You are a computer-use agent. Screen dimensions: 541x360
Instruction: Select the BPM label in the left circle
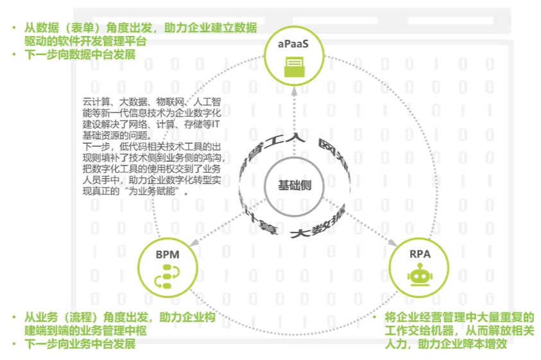coord(167,255)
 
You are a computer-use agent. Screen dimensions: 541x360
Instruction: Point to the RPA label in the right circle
coord(420,254)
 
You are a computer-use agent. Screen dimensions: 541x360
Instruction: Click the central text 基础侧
coord(295,185)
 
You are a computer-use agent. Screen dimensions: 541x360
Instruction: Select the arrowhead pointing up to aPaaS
coord(295,89)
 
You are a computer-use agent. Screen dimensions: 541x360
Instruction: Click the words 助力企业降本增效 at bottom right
coord(469,345)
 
